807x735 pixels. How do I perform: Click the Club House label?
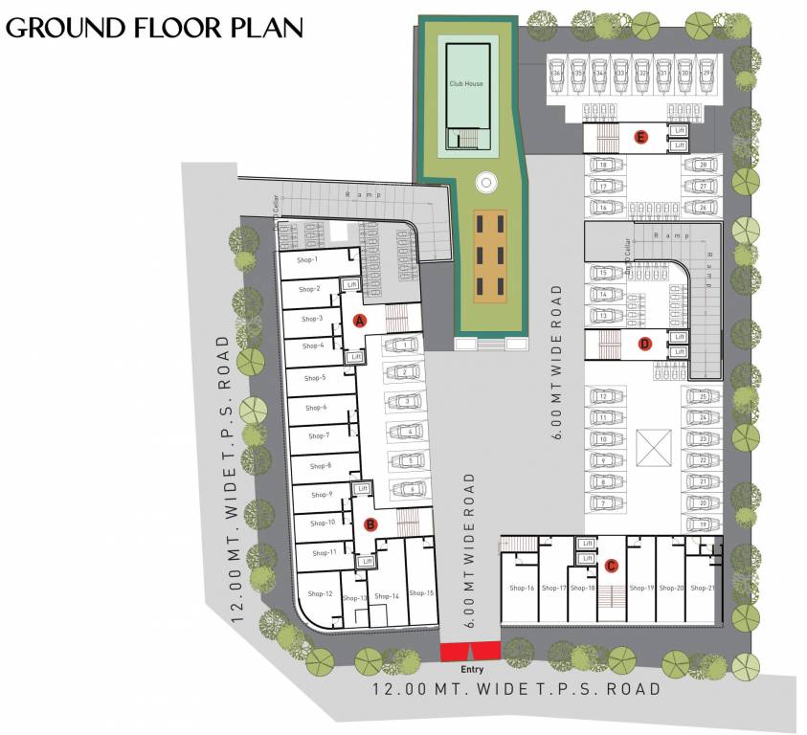[x=466, y=84]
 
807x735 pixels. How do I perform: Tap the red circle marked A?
[x=360, y=321]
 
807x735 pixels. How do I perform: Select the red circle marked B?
[x=371, y=523]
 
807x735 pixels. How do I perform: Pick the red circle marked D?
[x=644, y=344]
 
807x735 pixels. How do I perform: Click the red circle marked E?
[x=643, y=137]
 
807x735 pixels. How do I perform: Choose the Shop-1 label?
[x=307, y=259]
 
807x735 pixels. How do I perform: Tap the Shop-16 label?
[x=522, y=588]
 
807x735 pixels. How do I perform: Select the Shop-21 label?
[x=702, y=588]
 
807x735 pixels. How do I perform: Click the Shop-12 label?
[x=320, y=594]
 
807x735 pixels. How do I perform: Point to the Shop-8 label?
[x=321, y=466]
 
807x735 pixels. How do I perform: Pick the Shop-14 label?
[x=387, y=595]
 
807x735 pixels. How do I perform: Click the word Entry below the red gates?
[x=471, y=669]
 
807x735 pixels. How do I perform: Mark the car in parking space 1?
[x=406, y=344]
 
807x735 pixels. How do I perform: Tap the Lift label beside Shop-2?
[x=352, y=284]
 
